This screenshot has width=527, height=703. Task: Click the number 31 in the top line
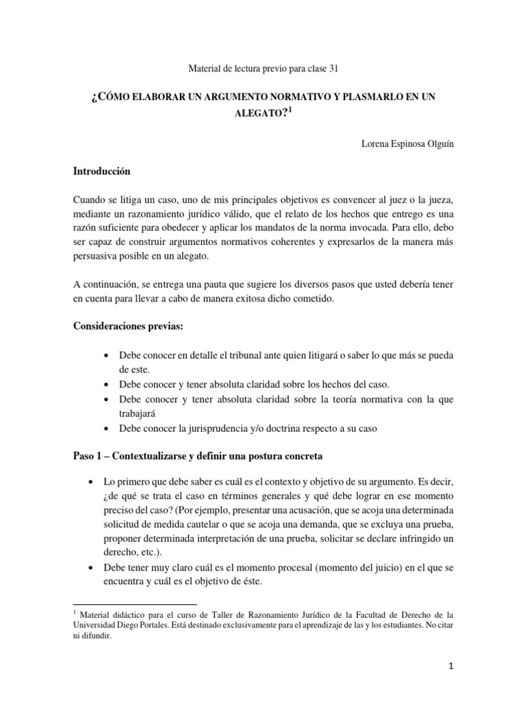(331, 68)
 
